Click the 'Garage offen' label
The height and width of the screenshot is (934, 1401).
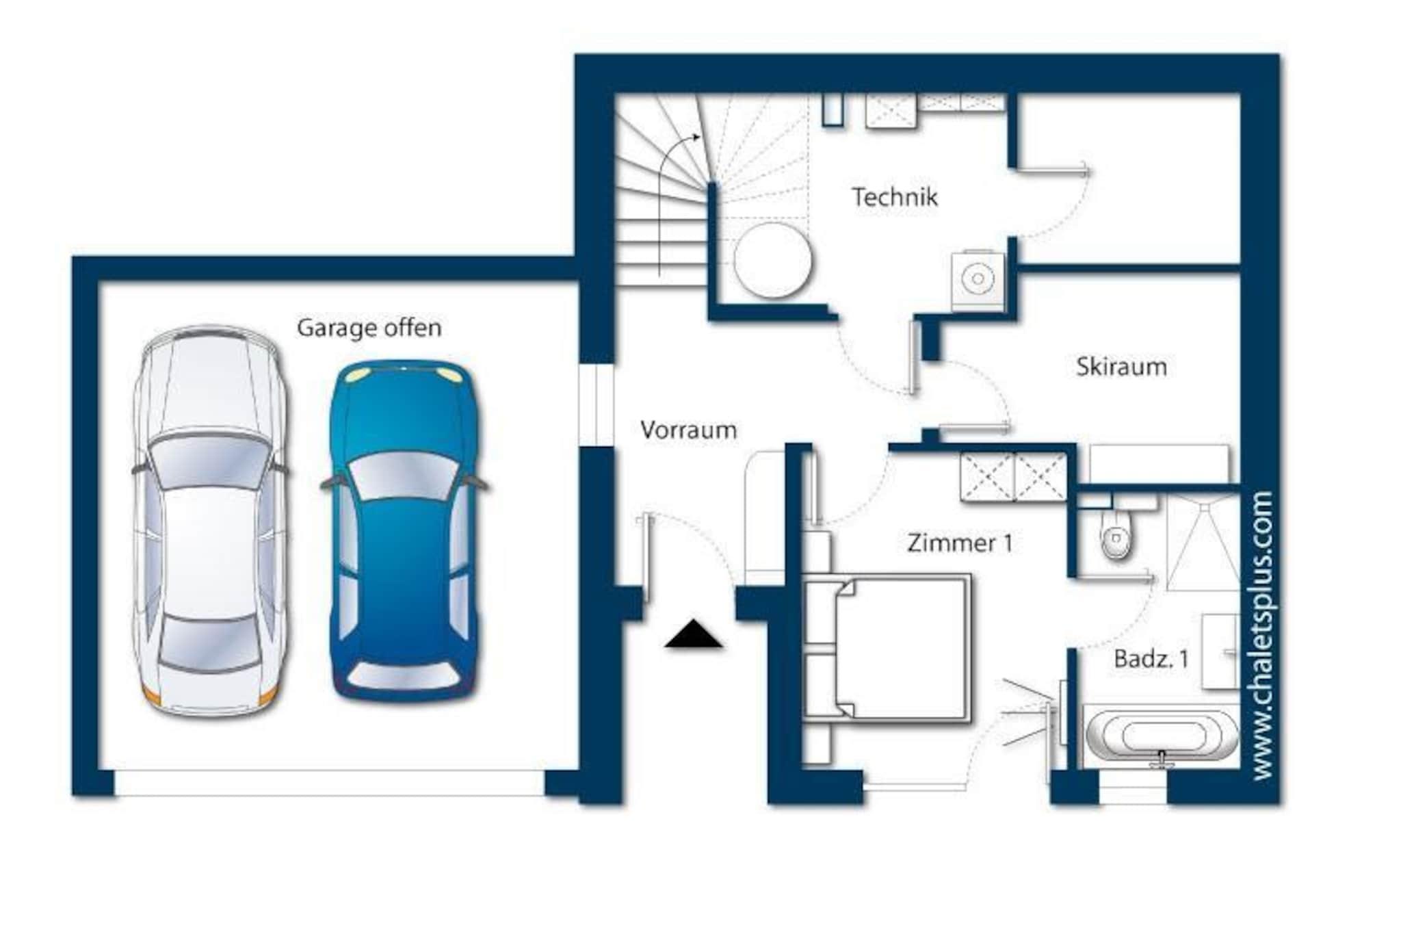tap(369, 328)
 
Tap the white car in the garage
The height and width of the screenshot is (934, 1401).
tap(210, 521)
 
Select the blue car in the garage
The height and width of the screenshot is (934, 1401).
tap(405, 531)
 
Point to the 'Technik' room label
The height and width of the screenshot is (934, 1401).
tap(894, 197)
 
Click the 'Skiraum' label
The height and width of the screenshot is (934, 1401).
tap(1121, 367)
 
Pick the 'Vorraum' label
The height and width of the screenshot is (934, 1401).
tap(688, 430)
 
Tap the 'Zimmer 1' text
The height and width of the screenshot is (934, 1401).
tap(959, 543)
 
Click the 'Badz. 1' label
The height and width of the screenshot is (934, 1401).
tap(1151, 659)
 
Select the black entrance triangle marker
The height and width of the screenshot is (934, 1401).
tap(694, 634)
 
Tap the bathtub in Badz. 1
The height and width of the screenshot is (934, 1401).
tap(1161, 736)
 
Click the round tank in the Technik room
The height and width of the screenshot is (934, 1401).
tap(773, 261)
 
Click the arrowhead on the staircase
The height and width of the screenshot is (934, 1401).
tap(696, 138)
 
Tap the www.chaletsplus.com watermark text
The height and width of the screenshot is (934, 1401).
tap(1262, 636)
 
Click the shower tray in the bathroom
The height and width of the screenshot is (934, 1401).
tap(1203, 542)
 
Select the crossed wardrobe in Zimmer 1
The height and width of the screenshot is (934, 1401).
tap(1014, 477)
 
